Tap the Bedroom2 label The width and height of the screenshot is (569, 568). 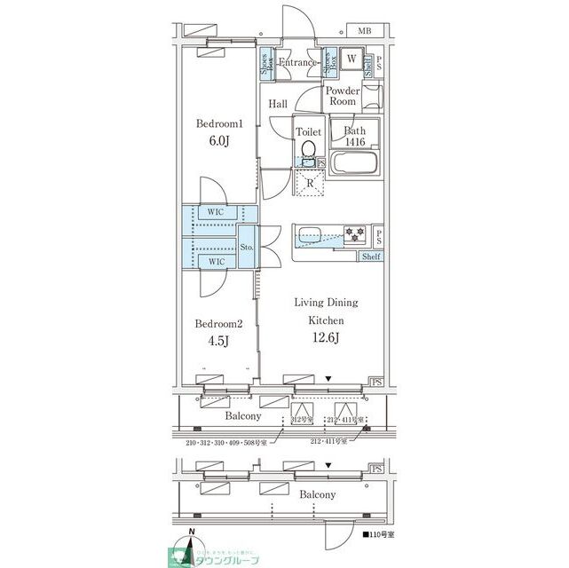click(x=218, y=325)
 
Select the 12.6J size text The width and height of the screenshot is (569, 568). click(x=326, y=336)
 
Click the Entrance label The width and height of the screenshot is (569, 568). click(x=298, y=63)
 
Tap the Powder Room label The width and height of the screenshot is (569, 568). click(x=342, y=96)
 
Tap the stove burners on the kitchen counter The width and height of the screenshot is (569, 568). click(x=354, y=235)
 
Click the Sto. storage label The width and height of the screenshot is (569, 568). click(x=248, y=248)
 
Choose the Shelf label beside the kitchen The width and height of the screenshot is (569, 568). click(x=371, y=256)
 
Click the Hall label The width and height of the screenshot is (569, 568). click(x=278, y=105)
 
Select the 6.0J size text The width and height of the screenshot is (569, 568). click(x=218, y=142)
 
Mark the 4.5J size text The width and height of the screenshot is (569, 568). click(x=218, y=342)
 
